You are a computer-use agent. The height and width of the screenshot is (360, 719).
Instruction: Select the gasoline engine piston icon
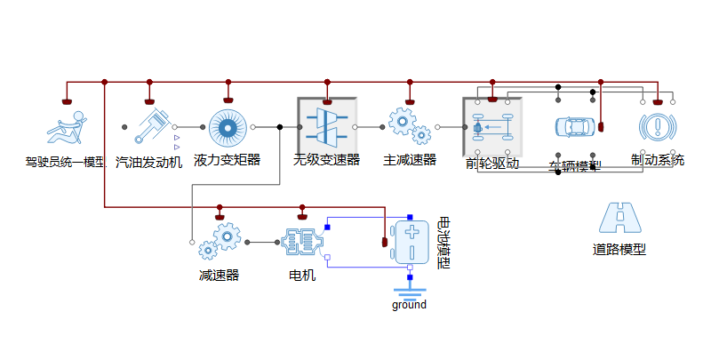pyautogui.click(x=148, y=127)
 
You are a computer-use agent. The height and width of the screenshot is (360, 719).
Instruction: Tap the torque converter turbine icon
pyautogui.click(x=227, y=128)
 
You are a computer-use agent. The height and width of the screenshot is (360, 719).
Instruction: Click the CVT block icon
pyautogui.click(x=327, y=127)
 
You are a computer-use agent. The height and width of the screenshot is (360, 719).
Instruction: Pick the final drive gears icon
pyautogui.click(x=410, y=127)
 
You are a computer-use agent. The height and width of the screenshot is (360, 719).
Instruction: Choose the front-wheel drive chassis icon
pyautogui.click(x=491, y=127)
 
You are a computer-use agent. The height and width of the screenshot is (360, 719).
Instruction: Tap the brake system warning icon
pyautogui.click(x=656, y=127)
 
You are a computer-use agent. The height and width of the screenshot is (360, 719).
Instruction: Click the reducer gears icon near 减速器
pyautogui.click(x=220, y=241)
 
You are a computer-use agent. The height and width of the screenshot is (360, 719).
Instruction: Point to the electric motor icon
pyautogui.click(x=302, y=241)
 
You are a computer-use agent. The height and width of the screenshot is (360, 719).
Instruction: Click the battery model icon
pyautogui.click(x=411, y=242)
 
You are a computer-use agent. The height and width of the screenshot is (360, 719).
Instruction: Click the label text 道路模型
pyautogui.click(x=619, y=250)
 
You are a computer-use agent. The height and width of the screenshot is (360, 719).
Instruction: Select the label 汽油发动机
pyautogui.click(x=148, y=162)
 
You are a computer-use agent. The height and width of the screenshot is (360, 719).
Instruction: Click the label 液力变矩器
pyautogui.click(x=227, y=160)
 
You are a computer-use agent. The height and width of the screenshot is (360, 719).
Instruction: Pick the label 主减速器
pyautogui.click(x=410, y=160)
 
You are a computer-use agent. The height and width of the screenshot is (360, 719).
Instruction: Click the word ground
pyautogui.click(x=409, y=305)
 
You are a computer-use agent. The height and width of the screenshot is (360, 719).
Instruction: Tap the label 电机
pyautogui.click(x=302, y=275)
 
